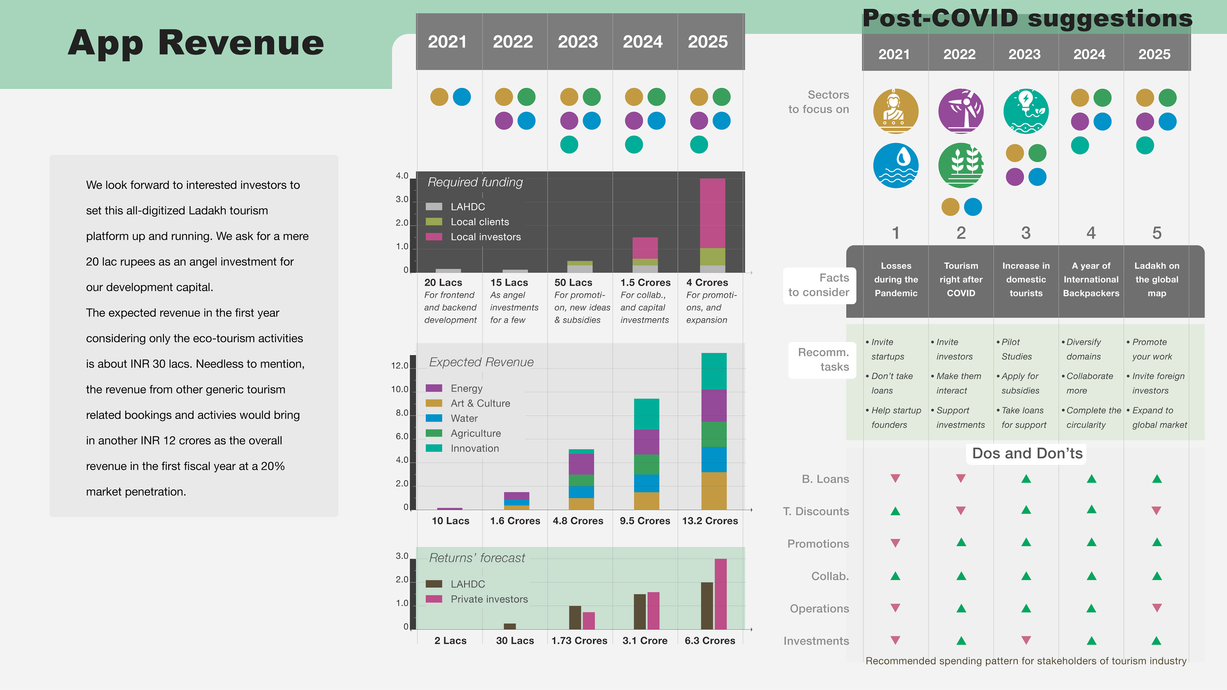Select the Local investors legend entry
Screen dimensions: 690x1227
(x=485, y=237)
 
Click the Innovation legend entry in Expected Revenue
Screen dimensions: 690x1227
(x=475, y=448)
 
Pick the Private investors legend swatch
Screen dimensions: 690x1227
(x=434, y=599)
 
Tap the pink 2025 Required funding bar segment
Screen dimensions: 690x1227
(x=713, y=213)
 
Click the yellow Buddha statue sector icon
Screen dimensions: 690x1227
(x=895, y=111)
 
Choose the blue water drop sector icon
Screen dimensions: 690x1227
(x=895, y=165)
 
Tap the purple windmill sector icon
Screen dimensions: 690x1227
(x=961, y=111)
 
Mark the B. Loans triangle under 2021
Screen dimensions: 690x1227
(x=895, y=478)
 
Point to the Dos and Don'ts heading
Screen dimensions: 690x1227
(x=1027, y=453)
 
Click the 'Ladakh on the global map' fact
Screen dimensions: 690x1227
(x=1156, y=280)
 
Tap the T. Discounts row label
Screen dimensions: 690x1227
(x=816, y=511)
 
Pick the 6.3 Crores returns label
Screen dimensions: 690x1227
(x=710, y=640)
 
